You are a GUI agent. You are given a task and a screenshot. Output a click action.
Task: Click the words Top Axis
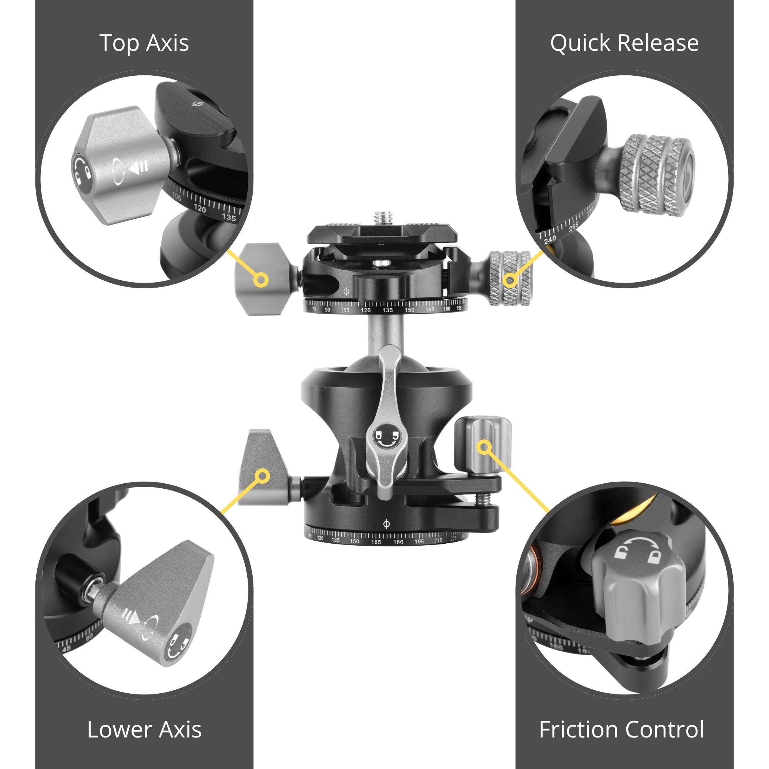point(144,43)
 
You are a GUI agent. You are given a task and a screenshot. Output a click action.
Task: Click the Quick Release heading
point(624,43)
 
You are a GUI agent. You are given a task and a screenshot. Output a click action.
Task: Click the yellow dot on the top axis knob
point(261,280)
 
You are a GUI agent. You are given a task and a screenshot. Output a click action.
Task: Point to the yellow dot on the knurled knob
point(510,280)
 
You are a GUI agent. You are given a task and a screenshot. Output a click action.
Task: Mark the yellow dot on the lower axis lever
point(262,476)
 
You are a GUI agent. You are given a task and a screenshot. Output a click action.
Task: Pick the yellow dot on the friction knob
point(484,446)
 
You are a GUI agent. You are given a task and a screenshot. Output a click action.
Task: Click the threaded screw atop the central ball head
point(380,218)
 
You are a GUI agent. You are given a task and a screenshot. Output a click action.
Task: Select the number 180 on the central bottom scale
point(398,542)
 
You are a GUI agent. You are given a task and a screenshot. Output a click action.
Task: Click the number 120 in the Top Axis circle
point(200,209)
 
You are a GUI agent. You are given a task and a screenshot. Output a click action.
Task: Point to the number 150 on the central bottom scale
point(354,541)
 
